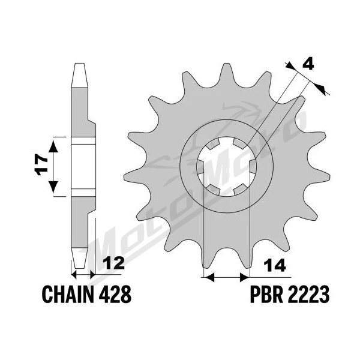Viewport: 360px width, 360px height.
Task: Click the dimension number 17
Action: point(41,164)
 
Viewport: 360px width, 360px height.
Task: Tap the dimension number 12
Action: point(113,263)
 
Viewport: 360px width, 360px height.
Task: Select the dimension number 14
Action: point(275,265)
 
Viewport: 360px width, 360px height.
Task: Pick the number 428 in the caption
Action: point(115,295)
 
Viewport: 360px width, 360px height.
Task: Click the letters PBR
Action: point(266,295)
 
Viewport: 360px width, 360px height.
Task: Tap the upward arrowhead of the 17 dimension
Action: point(53,147)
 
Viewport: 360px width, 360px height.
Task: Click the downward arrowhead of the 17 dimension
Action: point(53,187)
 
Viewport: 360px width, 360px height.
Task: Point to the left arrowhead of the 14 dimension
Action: point(209,277)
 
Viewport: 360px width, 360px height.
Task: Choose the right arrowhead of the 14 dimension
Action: point(244,277)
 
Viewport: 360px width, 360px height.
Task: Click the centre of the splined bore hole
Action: point(227,167)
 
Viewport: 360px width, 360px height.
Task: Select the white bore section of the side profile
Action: point(83,167)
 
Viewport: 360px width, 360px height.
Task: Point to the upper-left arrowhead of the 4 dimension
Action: point(290,66)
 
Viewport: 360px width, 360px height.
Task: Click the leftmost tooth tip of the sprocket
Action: point(125,177)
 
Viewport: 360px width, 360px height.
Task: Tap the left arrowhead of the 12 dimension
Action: point(74,274)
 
